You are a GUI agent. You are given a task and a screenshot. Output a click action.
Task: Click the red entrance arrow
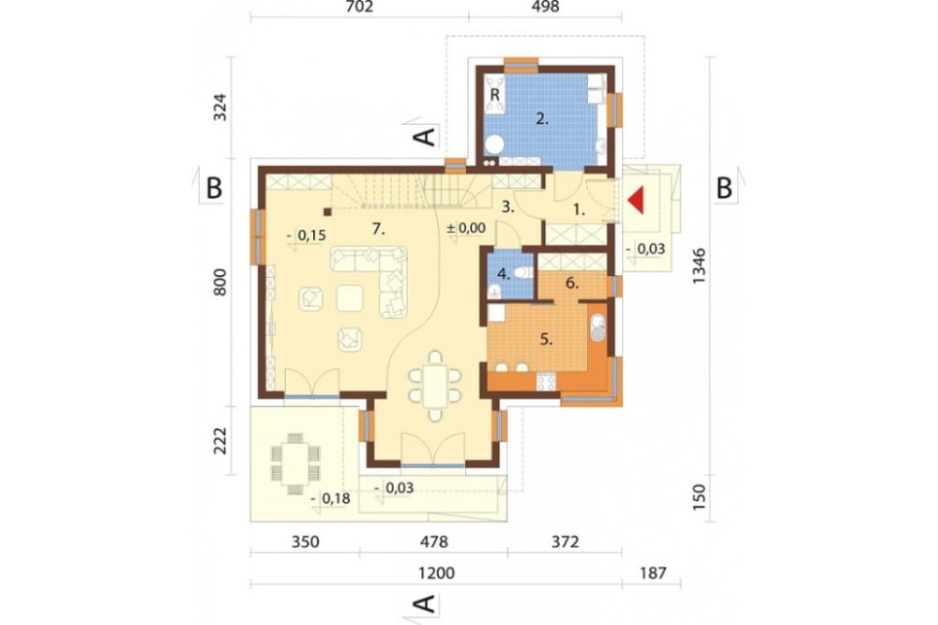637,200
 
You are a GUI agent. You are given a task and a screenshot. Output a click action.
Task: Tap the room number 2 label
542,118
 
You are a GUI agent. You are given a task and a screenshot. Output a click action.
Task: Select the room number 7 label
378,228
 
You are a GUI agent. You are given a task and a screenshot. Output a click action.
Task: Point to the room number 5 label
546,340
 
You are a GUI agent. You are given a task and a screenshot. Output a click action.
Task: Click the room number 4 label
503,274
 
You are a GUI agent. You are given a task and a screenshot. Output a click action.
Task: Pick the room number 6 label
572,283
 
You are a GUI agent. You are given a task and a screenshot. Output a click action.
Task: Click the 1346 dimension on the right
700,266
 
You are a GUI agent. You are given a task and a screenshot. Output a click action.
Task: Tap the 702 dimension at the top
359,7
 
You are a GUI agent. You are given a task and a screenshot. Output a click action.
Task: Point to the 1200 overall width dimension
436,572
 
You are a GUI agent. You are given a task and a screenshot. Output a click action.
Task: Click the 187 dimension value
653,572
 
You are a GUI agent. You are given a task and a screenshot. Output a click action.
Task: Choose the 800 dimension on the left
220,282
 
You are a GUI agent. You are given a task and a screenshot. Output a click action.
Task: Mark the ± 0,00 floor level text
466,228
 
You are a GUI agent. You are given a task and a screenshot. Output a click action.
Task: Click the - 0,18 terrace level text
331,498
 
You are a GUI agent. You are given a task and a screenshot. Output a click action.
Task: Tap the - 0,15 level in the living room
307,236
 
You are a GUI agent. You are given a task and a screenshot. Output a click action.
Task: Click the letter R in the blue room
494,95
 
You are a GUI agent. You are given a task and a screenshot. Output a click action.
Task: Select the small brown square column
327,211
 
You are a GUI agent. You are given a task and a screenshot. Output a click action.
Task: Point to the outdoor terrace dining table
295,464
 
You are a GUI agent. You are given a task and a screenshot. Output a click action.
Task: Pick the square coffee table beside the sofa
350,298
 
